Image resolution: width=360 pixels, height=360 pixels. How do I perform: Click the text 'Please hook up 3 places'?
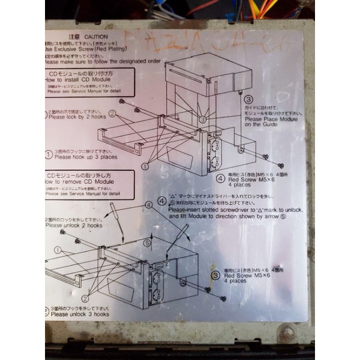click(85, 157)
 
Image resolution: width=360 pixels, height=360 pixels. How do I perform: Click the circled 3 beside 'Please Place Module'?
click(248, 100)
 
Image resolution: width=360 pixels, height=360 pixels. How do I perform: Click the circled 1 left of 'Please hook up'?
click(49, 154)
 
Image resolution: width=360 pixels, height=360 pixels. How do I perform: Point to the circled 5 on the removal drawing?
click(146, 244)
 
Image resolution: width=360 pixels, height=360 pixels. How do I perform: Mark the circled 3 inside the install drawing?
click(203, 119)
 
